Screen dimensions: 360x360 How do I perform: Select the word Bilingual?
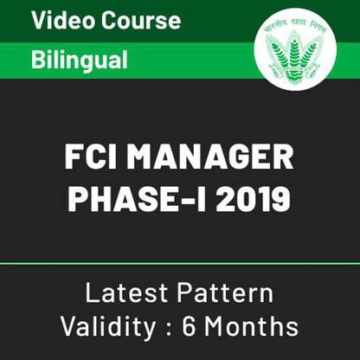[x=80, y=60]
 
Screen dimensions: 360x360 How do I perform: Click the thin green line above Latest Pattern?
[x=180, y=260]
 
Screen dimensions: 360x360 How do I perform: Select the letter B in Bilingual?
[x=38, y=60]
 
